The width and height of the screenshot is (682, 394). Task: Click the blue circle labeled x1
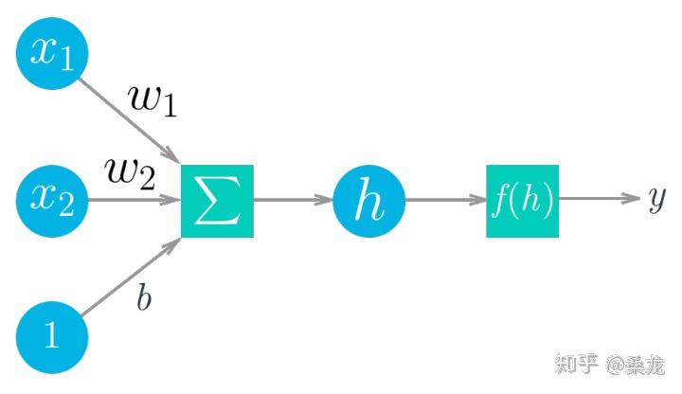tap(52, 53)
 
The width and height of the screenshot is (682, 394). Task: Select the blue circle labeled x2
tap(52, 201)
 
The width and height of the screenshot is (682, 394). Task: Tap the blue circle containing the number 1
tap(52, 337)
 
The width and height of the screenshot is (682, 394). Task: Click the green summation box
tap(217, 201)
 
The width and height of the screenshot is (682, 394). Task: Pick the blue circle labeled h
tap(368, 201)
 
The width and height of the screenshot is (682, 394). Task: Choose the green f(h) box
tap(522, 201)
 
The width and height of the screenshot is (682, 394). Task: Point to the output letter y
tap(656, 198)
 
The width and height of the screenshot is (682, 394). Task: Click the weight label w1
tap(153, 101)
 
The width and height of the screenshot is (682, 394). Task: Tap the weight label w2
tap(131, 173)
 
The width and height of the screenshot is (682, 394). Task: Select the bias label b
tap(144, 296)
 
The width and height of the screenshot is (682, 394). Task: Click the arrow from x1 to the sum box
tap(129, 120)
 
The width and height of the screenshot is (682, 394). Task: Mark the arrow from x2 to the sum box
tap(135, 200)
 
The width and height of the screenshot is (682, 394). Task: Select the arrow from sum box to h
tap(293, 200)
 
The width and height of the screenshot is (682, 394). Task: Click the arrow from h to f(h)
tap(446, 200)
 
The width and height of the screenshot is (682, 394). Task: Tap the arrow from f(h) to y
tap(600, 198)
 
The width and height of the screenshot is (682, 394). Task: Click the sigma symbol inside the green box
tap(217, 201)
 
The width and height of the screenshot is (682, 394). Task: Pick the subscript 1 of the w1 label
tap(169, 107)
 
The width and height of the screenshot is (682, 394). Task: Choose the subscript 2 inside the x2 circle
tap(65, 206)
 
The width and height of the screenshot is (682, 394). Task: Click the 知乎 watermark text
tap(577, 364)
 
